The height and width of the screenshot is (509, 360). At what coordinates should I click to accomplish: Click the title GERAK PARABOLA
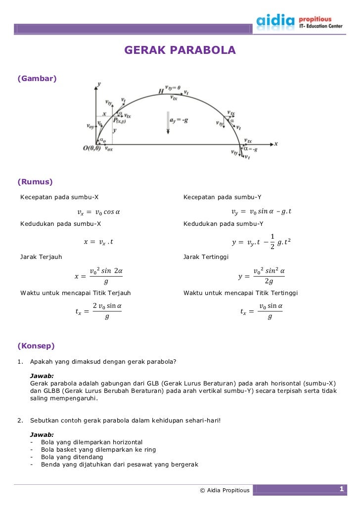click(x=180, y=50)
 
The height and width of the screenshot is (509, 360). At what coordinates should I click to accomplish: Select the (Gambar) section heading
click(x=37, y=78)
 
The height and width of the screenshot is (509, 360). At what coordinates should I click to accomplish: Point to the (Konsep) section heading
click(x=36, y=345)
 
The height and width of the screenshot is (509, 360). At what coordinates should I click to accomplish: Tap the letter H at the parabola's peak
click(x=161, y=91)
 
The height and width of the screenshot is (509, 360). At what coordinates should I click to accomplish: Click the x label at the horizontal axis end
click(x=276, y=143)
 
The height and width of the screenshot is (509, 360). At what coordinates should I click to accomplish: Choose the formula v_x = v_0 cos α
click(x=98, y=212)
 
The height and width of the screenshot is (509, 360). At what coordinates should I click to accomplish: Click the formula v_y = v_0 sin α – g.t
click(x=261, y=212)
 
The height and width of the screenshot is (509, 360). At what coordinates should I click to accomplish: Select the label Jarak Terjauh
click(x=41, y=257)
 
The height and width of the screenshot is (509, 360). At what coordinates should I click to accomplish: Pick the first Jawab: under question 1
click(x=42, y=376)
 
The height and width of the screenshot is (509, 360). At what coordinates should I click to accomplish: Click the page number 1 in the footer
click(x=341, y=489)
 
